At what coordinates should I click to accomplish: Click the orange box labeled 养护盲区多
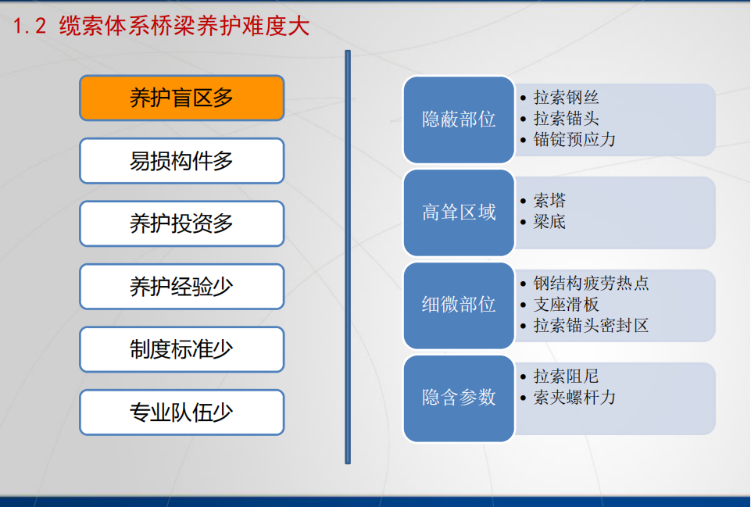coord(181,98)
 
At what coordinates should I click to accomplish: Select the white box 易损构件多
coord(181,161)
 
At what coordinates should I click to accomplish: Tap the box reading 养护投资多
coord(181,223)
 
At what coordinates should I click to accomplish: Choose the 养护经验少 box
coord(181,286)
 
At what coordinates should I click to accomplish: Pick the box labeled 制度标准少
coord(181,349)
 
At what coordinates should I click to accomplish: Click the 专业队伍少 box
coord(181,412)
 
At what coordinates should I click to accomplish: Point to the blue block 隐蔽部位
coord(459,120)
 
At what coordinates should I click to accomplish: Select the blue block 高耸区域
coord(459,212)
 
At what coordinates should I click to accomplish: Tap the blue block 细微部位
coord(459,305)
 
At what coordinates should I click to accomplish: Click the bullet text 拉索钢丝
coord(566,97)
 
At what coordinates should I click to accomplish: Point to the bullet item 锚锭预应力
coord(574,139)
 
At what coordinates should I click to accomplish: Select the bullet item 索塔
coord(550,200)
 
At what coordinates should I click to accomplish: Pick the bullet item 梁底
coord(550,221)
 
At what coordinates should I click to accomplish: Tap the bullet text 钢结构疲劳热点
coord(591,283)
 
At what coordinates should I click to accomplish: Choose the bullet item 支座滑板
coord(566,304)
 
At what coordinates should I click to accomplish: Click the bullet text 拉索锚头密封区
coord(591,325)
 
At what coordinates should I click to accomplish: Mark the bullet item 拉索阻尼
coord(566,376)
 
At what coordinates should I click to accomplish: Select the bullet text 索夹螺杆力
coord(574,397)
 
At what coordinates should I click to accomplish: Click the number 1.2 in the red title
coord(30,26)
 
